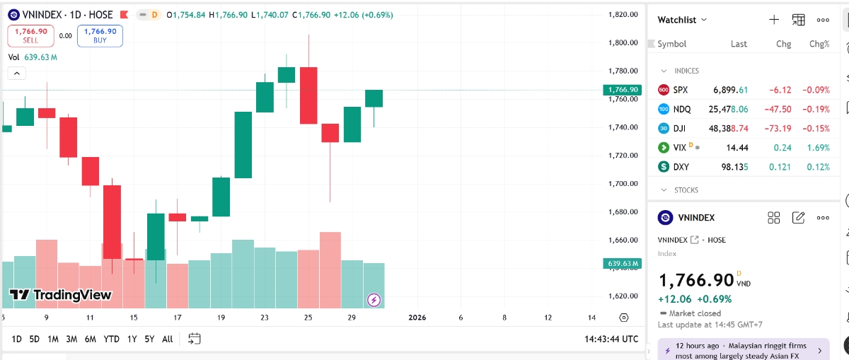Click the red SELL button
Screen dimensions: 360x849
[x=30, y=35]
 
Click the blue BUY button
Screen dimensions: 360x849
[x=100, y=35]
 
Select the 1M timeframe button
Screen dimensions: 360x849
[x=53, y=339]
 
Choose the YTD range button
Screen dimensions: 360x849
[x=111, y=339]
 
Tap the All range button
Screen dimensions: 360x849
[x=167, y=339]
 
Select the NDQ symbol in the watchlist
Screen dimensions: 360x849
[x=682, y=109]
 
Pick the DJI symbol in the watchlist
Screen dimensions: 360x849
[x=679, y=128]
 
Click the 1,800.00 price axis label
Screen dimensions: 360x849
[x=623, y=42]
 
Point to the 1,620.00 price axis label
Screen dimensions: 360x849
[x=623, y=296]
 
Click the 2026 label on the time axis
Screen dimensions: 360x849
[x=417, y=318]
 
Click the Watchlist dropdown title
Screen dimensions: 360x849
[x=682, y=20]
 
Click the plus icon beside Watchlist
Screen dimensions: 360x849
[x=774, y=20]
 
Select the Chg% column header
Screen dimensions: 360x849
[x=819, y=44]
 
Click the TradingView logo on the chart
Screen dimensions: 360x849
[x=61, y=295]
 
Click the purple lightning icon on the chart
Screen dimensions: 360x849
[x=374, y=300]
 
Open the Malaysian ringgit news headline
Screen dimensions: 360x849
[x=742, y=351]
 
